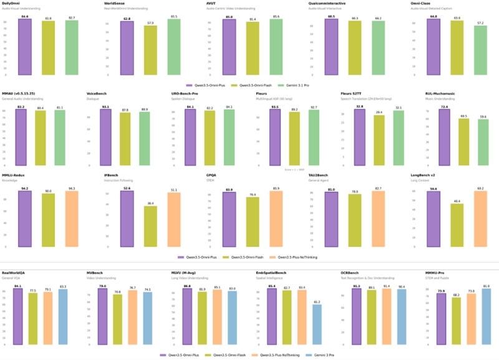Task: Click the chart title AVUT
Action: click(x=211, y=4)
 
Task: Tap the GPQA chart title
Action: click(x=212, y=176)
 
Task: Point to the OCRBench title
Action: click(x=351, y=273)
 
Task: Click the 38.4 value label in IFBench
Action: click(x=150, y=203)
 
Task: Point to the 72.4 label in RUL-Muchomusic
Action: click(x=427, y=107)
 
